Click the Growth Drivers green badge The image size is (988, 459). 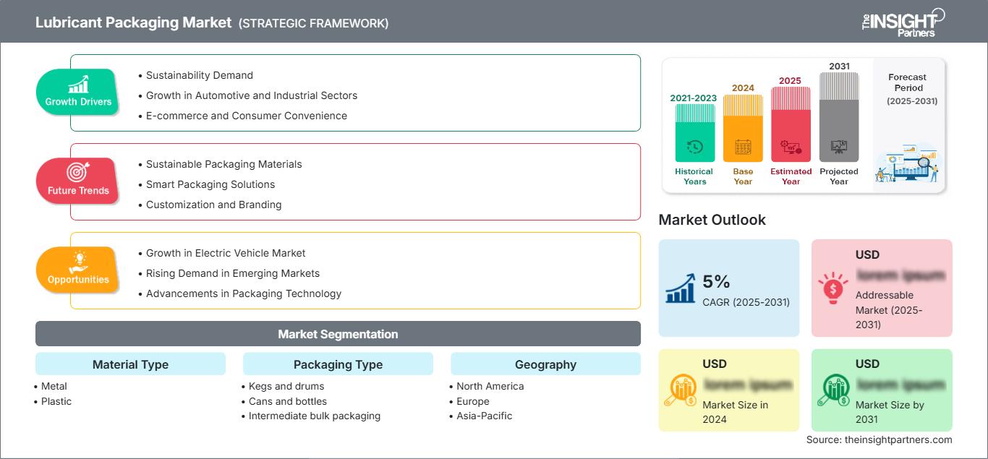point(78,93)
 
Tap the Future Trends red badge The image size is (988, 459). point(78,181)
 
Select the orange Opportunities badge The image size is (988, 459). point(78,270)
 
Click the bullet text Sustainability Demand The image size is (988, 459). point(200,75)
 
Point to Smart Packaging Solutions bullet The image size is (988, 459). point(210,184)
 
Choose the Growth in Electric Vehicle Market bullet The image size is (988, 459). point(226,253)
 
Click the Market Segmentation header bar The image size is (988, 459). point(338,334)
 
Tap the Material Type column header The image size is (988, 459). point(130,364)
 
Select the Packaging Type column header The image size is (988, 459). point(338,364)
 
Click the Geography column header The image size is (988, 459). point(545,364)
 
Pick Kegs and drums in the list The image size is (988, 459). point(286,386)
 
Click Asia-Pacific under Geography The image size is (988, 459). point(484,416)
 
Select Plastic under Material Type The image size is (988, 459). point(56,401)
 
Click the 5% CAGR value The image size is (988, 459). point(716,282)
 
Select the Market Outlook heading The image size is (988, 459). point(712,220)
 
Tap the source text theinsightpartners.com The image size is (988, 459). point(879,439)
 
